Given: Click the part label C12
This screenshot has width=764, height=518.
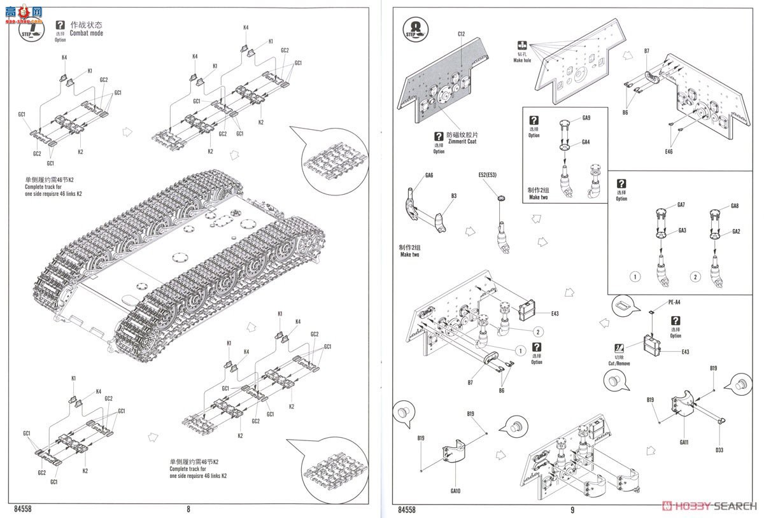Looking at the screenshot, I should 462,34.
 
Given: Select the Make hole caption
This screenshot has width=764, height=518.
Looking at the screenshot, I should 522,60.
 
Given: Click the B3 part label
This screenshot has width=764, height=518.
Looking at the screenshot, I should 453,197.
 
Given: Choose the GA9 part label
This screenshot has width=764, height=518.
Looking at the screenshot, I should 586,118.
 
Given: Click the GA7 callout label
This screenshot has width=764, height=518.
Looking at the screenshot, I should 681,205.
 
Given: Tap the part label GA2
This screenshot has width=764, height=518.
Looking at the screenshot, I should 735,231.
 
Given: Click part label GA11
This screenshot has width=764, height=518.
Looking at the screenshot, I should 684,442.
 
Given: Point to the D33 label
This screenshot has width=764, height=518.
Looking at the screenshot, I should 719,450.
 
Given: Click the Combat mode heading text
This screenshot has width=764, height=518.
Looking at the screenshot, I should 87,32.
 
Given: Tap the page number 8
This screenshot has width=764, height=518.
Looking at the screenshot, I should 188,508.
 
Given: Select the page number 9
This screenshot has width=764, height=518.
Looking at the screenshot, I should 572,509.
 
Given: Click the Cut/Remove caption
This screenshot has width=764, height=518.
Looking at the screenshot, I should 619,363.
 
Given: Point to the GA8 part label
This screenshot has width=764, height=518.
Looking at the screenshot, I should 735,206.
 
